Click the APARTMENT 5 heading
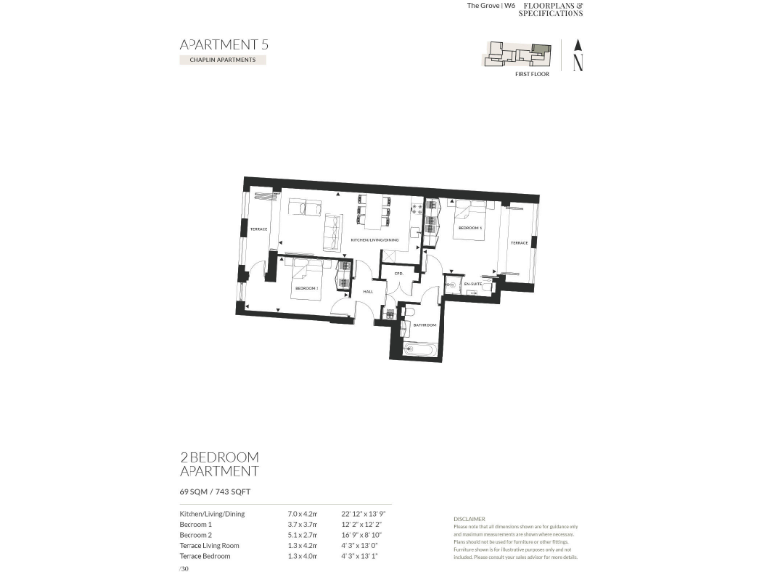coord(223,44)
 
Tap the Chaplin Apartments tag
coord(222,60)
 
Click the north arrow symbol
coord(578,55)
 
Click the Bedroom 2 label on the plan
coord(306,288)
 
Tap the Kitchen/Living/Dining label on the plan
coord(374,240)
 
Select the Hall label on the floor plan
coord(367,291)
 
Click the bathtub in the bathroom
coord(422,348)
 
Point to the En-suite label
coord(472,284)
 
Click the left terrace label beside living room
coord(259,230)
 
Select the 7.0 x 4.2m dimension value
coord(302,514)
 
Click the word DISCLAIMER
coord(469,518)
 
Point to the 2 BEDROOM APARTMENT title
coord(218,464)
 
